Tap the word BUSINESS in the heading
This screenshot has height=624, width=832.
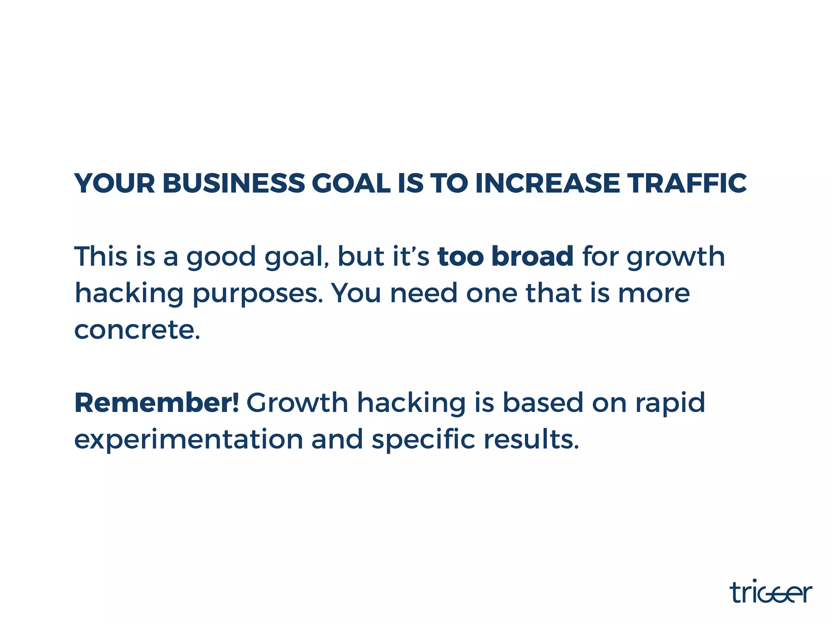coord(234,184)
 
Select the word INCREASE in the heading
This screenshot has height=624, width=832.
coord(547,184)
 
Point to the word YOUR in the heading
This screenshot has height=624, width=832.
coord(115,184)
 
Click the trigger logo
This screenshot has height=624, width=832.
coord(771,592)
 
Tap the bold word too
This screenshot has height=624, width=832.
coord(460,256)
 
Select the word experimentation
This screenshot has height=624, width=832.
coord(188,440)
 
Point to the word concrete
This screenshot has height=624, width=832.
coord(137,329)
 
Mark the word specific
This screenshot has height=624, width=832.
coord(423,440)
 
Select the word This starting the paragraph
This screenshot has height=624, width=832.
coord(101,256)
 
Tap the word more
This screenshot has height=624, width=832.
coord(654,293)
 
